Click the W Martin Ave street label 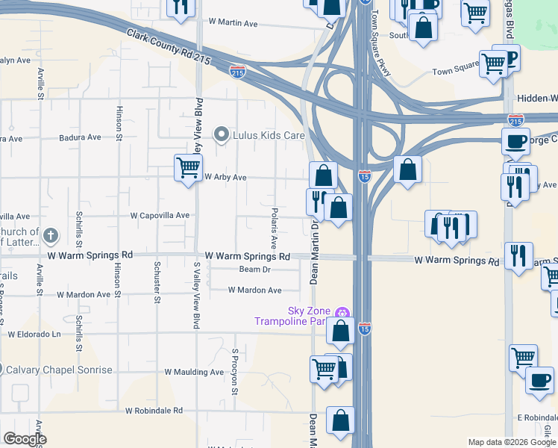(x=233, y=24)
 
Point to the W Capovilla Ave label (x=160, y=215)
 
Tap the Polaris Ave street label (x=275, y=228)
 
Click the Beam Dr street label (x=254, y=270)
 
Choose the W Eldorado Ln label (x=34, y=335)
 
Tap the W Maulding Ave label (x=194, y=372)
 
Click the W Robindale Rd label (x=154, y=411)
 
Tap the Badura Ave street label (x=80, y=137)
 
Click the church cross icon (x=50, y=236)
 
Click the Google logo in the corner (x=25, y=439)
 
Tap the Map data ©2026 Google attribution (x=512, y=442)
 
